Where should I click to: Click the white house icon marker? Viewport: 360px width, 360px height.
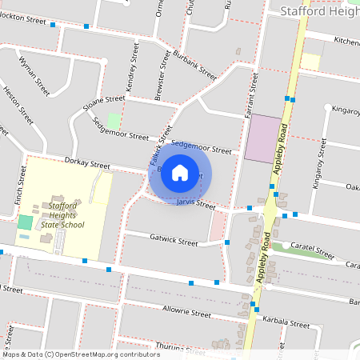[180, 171]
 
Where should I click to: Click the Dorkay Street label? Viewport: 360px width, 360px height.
[87, 163]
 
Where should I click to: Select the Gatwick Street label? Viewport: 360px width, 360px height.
[174, 240]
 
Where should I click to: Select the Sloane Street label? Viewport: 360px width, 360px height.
[103, 103]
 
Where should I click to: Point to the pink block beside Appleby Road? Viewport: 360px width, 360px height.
[263, 139]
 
